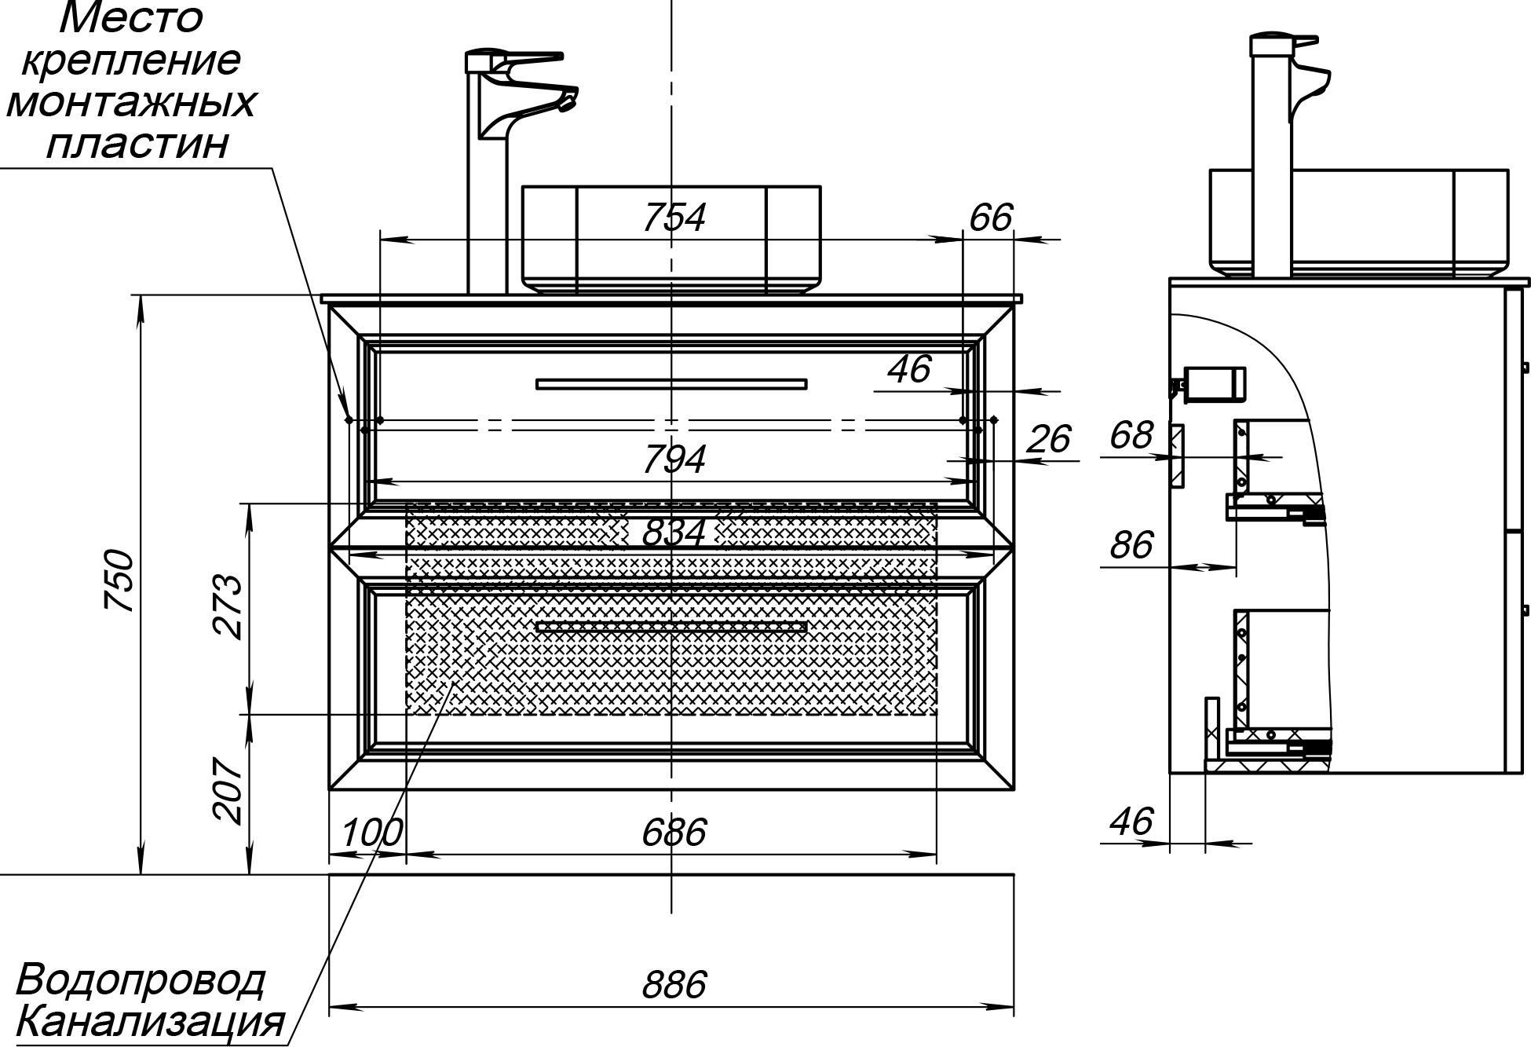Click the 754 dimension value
[674, 218]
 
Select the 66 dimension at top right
[991, 218]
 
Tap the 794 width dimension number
[674, 459]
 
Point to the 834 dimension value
[674, 533]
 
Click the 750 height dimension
[121, 581]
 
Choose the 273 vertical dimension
[228, 607]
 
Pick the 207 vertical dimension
[228, 791]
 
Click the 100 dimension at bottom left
[372, 833]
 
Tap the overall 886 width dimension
[674, 984]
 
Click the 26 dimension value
[1048, 440]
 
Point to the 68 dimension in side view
[1131, 435]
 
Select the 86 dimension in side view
[1131, 545]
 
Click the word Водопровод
[140, 980]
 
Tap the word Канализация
[149, 1022]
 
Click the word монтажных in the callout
[131, 102]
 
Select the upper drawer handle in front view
[671, 384]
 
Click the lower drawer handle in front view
[671, 627]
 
